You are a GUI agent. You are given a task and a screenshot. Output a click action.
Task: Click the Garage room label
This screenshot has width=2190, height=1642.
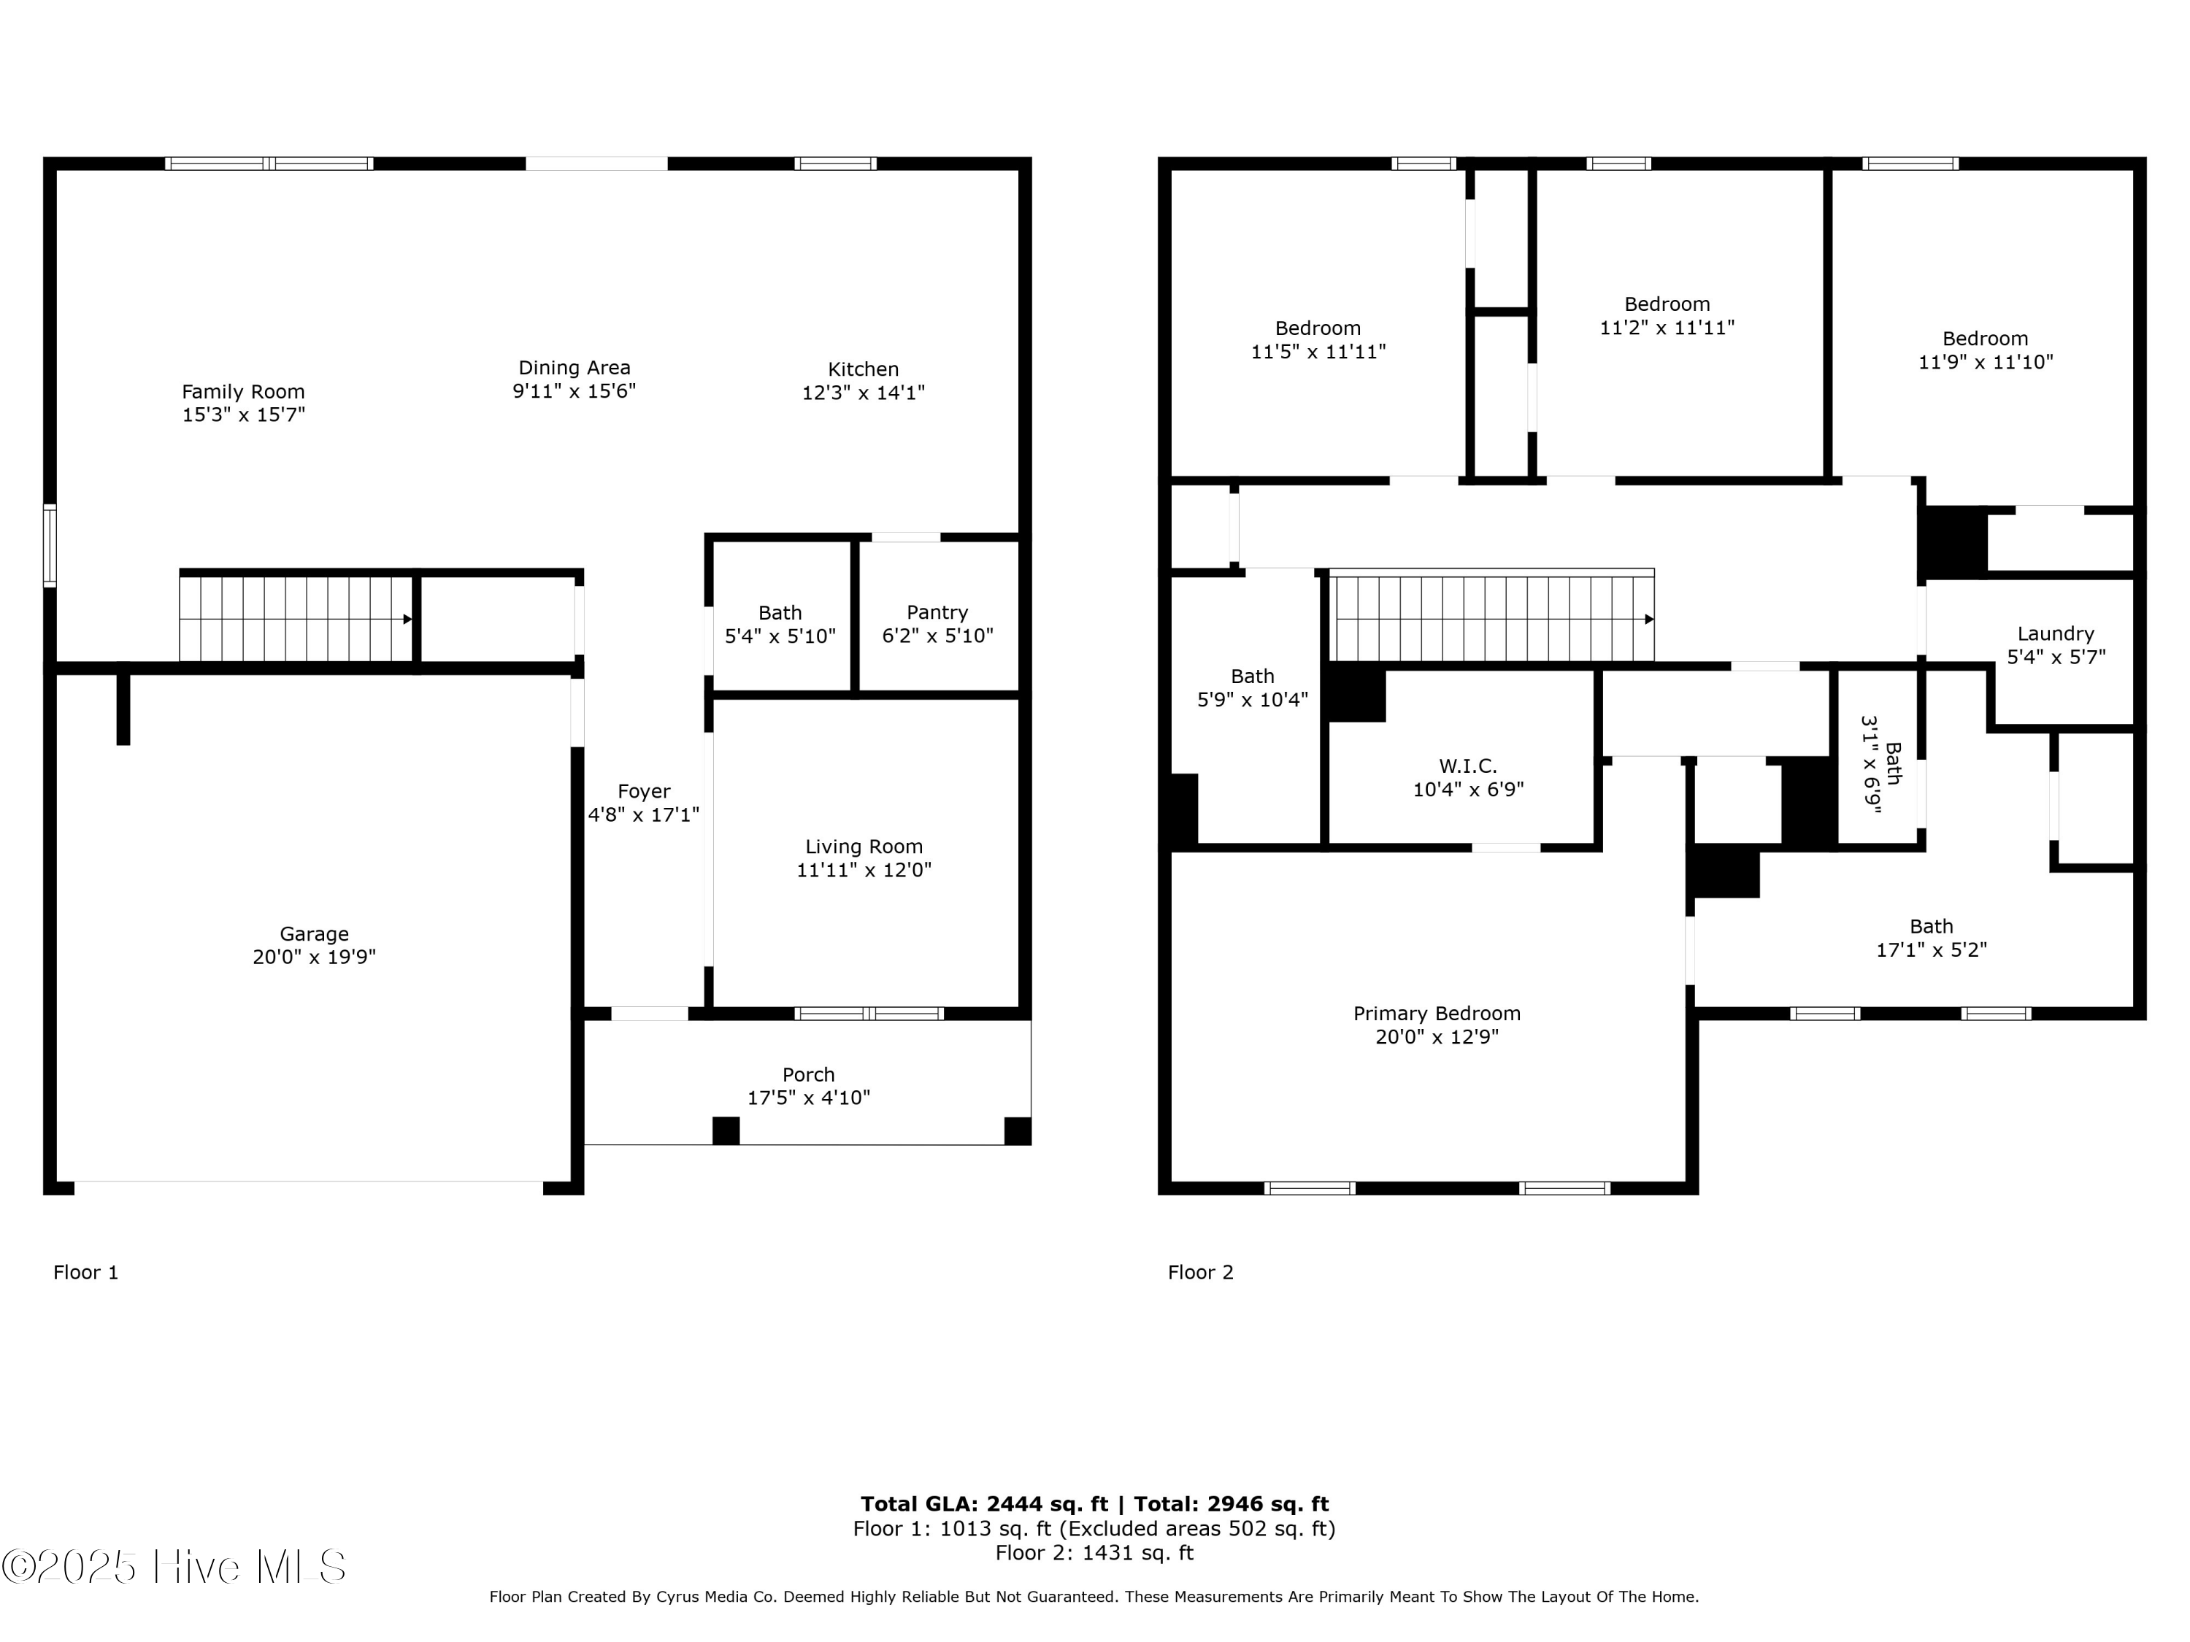pos(314,933)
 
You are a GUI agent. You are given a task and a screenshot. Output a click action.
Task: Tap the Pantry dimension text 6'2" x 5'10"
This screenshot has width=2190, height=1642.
pos(937,636)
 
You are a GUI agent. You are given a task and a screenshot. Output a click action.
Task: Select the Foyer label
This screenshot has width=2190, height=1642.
pos(644,791)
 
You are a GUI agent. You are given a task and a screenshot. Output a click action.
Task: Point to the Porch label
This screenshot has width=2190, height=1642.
pos(808,1074)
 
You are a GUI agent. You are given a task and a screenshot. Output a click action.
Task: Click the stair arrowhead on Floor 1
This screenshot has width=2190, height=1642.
pos(407,620)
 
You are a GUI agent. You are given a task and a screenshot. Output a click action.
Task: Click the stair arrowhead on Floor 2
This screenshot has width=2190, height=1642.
pos(1648,620)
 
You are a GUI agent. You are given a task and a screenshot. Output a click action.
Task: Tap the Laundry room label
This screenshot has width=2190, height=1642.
pos(2056,633)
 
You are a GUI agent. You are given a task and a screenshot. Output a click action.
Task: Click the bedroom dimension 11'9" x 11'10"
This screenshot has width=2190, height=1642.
pos(1985,362)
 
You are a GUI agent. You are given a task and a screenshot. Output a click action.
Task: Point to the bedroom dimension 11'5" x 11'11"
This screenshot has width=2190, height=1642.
pos(1318,351)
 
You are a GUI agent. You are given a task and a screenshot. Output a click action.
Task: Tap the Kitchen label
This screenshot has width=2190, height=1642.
pos(862,369)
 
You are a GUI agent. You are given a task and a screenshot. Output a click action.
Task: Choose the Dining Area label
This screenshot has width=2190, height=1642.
pos(575,367)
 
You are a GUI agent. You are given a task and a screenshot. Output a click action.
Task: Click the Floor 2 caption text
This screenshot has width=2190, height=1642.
pos(1200,1273)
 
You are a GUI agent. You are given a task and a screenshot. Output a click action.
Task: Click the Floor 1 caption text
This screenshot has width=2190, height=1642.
pos(85,1273)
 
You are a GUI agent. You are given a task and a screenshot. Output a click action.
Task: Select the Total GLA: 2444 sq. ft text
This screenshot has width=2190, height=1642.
pos(983,1504)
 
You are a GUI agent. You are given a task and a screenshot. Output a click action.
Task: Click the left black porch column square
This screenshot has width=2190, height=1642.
pos(726,1130)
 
